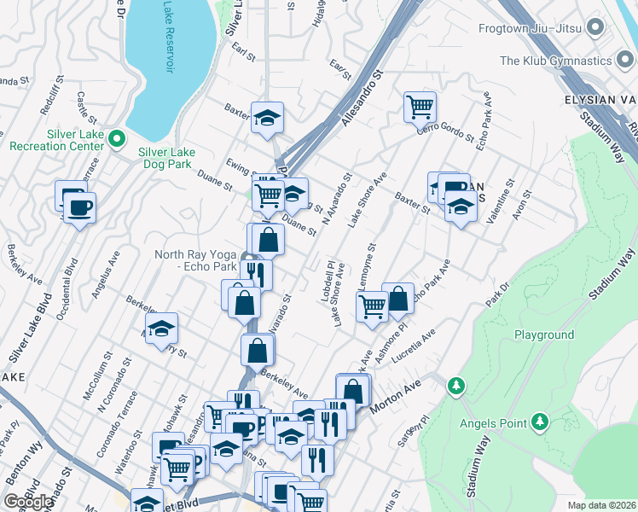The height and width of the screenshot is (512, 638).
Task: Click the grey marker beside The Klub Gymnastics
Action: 625,61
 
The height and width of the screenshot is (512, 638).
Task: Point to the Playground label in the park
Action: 543,335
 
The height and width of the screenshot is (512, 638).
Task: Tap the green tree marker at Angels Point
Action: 539,421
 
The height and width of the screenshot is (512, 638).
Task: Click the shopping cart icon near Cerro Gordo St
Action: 420,107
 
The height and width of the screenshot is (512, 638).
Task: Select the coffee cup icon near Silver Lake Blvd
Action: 80,207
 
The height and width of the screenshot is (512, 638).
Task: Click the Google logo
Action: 28,502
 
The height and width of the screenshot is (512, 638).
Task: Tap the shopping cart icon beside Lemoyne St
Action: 372,305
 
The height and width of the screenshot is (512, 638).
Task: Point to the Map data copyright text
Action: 602,504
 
